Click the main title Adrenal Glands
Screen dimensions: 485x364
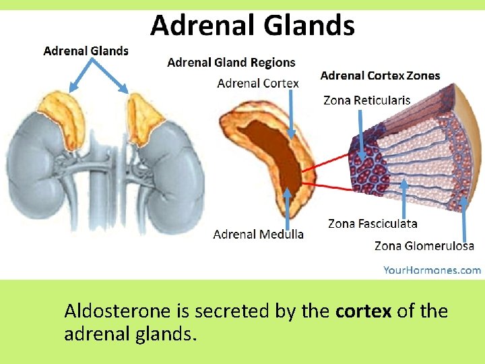(252, 26)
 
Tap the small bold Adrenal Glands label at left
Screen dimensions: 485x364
(86, 50)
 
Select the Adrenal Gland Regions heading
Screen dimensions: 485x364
(231, 63)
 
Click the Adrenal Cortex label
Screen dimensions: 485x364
(258, 83)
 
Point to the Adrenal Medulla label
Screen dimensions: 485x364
(258, 234)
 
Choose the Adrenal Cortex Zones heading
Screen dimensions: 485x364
(380, 75)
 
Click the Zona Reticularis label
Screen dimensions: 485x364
(366, 100)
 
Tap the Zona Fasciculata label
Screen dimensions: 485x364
(373, 223)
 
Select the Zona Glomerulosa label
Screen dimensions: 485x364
(424, 246)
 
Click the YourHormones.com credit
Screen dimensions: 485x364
(432, 270)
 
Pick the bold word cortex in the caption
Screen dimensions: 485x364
(362, 311)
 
